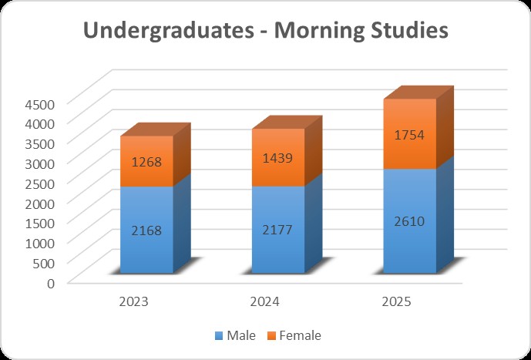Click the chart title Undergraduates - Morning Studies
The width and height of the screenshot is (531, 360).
[x=265, y=32]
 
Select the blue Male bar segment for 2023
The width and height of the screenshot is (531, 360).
[x=146, y=247]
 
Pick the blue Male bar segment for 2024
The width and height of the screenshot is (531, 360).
[x=277, y=247]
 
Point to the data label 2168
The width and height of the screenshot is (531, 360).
[x=146, y=230]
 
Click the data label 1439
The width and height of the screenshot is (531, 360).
[x=277, y=158]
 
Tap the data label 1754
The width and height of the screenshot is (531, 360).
[x=409, y=134]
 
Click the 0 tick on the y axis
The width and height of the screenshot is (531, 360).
[x=49, y=282]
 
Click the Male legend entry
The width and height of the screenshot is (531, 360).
[x=235, y=335]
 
